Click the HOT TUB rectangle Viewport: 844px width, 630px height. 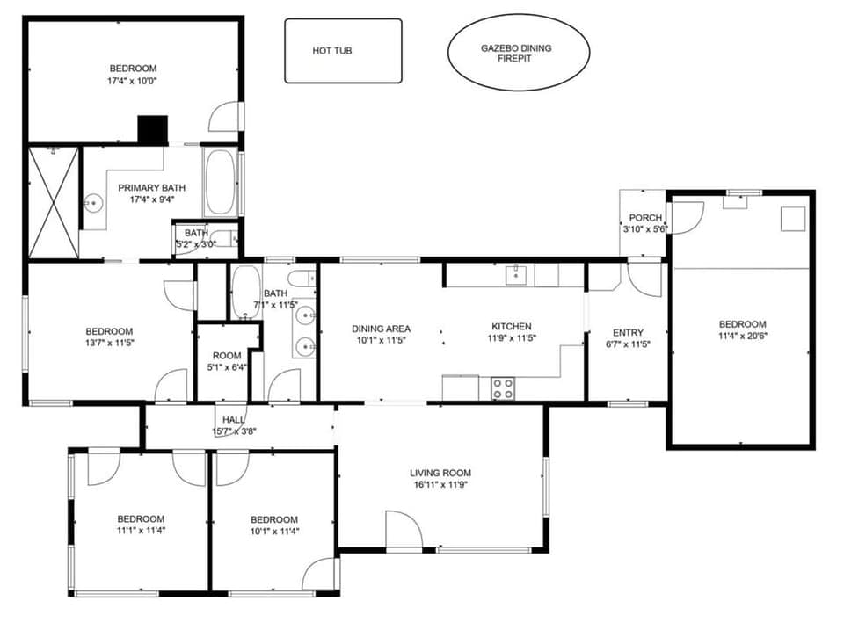point(343,51)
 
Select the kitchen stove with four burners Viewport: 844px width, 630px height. point(502,388)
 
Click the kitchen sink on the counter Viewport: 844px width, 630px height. point(515,275)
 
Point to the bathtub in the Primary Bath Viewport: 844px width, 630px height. point(220,182)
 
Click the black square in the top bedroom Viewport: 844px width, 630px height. point(152,130)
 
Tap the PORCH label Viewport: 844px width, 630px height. point(644,218)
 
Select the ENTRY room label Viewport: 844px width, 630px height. point(628,332)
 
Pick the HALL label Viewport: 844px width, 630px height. point(234,420)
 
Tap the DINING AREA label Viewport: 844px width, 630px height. point(381,329)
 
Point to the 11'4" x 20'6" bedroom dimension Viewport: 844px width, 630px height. point(743,336)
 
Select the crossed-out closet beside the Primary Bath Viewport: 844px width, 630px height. point(53,202)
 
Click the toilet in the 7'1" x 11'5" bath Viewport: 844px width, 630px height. point(299,279)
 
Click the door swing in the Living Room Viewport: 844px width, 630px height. point(404,530)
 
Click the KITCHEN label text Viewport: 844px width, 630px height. point(511,327)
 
